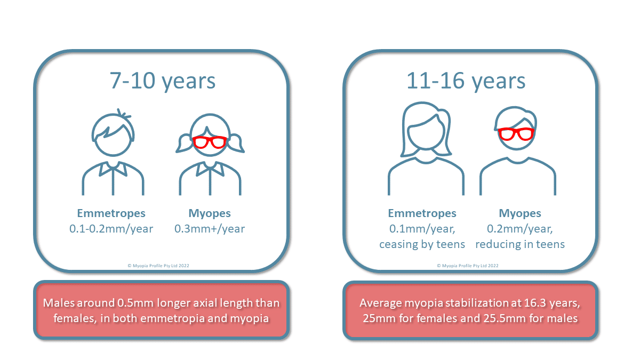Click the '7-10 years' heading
tap(162, 82)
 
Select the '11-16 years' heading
tap(466, 82)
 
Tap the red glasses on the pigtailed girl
tap(210, 142)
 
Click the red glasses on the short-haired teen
tap(516, 134)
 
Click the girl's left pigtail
tap(183, 143)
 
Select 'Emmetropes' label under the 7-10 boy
tap(111, 213)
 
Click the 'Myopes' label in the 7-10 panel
tap(210, 213)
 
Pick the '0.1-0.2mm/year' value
tap(111, 229)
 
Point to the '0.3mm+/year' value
tap(210, 229)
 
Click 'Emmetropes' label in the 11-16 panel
tap(422, 213)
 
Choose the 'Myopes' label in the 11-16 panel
tap(520, 213)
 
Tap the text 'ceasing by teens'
tap(422, 244)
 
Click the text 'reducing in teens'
tap(520, 244)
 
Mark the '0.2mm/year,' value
tap(520, 229)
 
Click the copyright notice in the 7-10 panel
tap(158, 266)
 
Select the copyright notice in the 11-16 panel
tap(468, 266)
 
